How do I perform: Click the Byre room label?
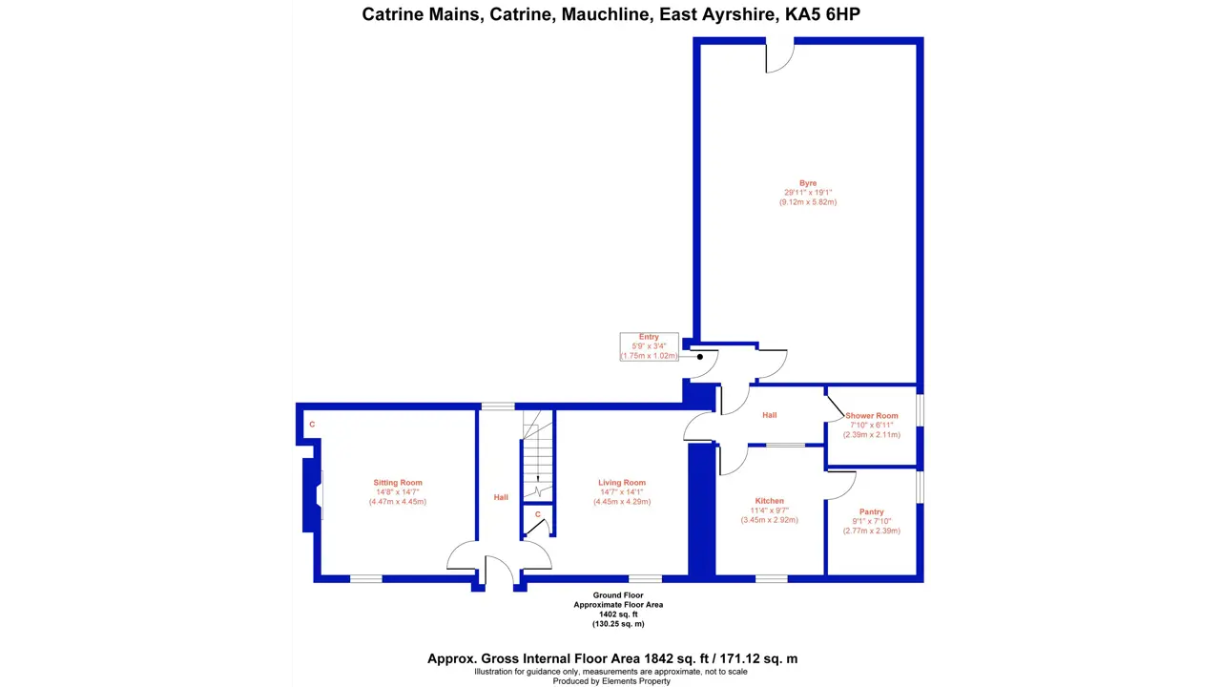[808, 183]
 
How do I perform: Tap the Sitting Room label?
[398, 483]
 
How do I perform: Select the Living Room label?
[622, 483]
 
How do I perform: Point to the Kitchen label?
[769, 501]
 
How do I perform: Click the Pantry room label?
[871, 511]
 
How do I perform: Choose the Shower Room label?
[872, 415]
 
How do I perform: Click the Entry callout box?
[650, 346]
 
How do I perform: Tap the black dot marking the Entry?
[700, 357]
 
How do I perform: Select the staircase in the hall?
[538, 455]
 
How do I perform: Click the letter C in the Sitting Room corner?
[312, 425]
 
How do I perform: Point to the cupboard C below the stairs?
[537, 514]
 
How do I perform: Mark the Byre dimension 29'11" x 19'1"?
[808, 193]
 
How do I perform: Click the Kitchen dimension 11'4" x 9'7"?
[769, 510]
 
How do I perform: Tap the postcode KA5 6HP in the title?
[822, 14]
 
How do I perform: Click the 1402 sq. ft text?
[618, 614]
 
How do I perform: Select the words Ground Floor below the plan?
[618, 595]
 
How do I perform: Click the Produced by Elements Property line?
[611, 681]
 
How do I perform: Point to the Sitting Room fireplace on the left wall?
[314, 494]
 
